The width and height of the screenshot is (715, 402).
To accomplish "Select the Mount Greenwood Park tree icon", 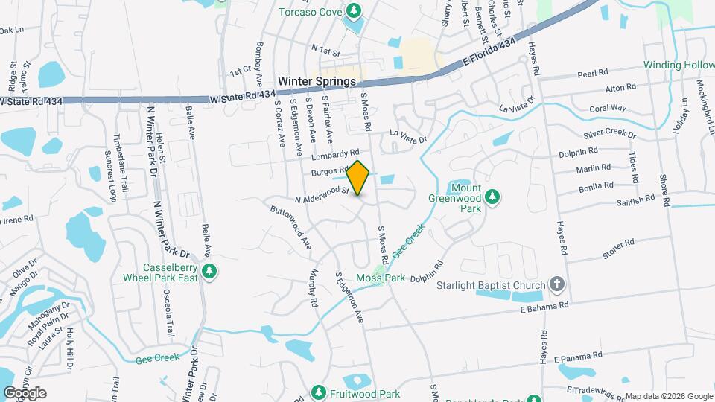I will click(492, 196).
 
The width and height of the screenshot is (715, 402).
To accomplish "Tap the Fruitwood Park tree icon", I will click(318, 392).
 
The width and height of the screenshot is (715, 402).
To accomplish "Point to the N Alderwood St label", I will click(322, 195).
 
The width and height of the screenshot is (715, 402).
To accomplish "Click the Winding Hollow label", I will click(679, 66).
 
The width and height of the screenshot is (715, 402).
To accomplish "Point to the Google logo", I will click(25, 392).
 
